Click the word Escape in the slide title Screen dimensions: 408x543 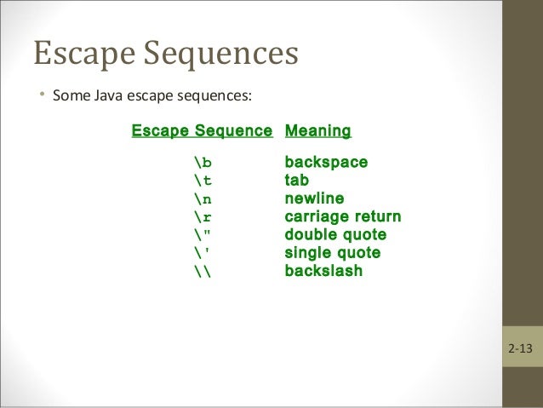tap(81, 54)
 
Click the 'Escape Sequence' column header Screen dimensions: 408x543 tap(202, 131)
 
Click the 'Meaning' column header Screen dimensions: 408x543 tap(317, 131)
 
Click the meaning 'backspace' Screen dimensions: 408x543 tap(326, 162)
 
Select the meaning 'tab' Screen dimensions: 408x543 tap(296, 181)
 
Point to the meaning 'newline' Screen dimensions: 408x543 tap(314, 198)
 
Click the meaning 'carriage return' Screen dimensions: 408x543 tap(342, 216)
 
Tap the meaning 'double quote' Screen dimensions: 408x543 tap(335, 234)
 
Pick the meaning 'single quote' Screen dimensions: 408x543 tap(332, 253)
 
